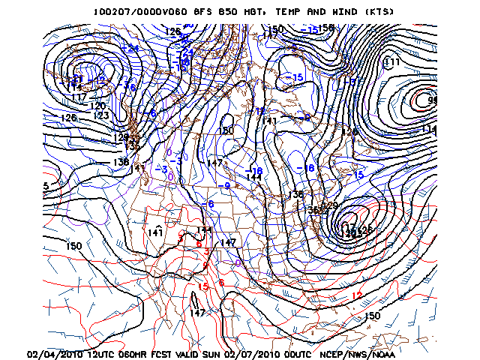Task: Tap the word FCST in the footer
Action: (x=160, y=353)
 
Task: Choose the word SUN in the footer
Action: (x=216, y=353)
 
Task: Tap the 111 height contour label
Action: (x=391, y=61)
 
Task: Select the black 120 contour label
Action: (x=97, y=106)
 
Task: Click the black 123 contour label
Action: (x=102, y=115)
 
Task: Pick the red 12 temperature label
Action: (x=357, y=295)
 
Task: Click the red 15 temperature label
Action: (x=202, y=286)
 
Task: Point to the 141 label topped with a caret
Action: (x=155, y=232)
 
